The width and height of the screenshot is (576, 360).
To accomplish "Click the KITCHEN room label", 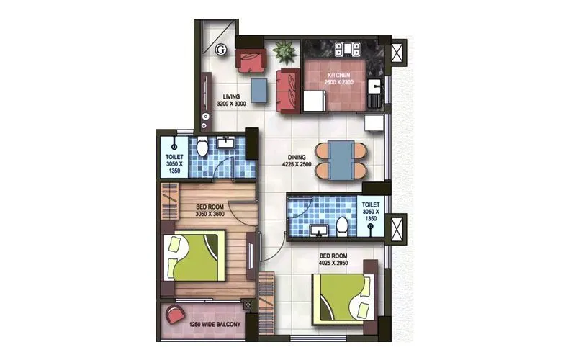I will (339, 75).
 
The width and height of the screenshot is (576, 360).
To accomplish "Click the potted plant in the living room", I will (283, 52).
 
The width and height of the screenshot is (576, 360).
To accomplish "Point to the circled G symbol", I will (222, 50).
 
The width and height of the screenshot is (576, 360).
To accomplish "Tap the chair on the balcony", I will (175, 315).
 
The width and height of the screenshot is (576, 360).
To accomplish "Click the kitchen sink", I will (374, 90).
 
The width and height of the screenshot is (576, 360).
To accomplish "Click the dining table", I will (342, 160).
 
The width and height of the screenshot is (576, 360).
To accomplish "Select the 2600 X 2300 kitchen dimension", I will (339, 83).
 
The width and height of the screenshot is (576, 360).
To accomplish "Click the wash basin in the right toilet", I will (318, 232).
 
